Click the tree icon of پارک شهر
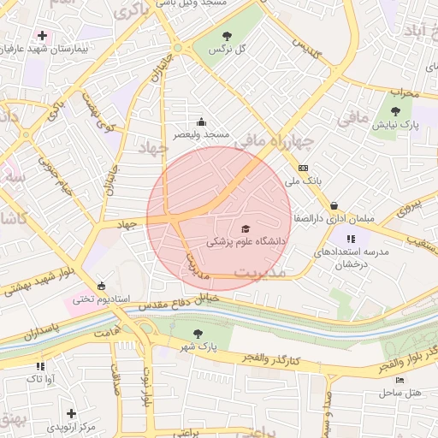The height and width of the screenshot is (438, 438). pos(198,334)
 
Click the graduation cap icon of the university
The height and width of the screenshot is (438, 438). pos(246,228)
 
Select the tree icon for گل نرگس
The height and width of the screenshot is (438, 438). pos(227,36)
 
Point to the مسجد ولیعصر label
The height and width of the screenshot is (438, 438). pos(202,134)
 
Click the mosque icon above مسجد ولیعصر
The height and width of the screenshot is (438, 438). pos(201,121)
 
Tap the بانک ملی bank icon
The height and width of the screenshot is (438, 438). pos(303,168)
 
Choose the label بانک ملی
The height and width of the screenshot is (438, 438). pos(303,181)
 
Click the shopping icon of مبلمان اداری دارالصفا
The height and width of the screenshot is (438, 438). pos(333,205)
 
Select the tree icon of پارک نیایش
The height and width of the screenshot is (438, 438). pos(394,111)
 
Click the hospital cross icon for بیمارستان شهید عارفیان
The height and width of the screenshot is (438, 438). pos(41,35)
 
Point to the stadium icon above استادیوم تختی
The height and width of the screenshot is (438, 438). pos(102,286)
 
